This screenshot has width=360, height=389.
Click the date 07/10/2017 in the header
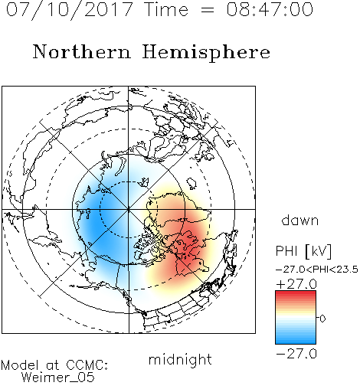(x=70, y=9)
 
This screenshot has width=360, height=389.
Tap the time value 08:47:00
(x=270, y=9)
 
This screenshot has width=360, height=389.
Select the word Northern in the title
(x=82, y=51)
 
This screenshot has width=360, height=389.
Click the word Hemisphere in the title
(x=206, y=53)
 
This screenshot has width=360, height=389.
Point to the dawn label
(x=300, y=220)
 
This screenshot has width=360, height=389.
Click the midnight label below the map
(x=180, y=359)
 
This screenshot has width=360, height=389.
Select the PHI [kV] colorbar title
(x=303, y=251)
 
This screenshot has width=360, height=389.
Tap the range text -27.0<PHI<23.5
(x=317, y=270)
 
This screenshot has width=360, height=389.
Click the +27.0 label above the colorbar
(x=296, y=284)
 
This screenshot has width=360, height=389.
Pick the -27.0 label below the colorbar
(x=296, y=354)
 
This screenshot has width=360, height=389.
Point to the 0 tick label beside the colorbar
(x=322, y=319)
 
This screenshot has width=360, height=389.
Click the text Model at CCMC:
(x=54, y=365)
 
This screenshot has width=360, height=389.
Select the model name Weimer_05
(x=58, y=378)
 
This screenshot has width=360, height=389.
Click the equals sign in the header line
(x=207, y=10)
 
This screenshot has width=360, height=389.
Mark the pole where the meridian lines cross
(x=129, y=209)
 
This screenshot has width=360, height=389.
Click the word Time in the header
(x=166, y=9)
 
